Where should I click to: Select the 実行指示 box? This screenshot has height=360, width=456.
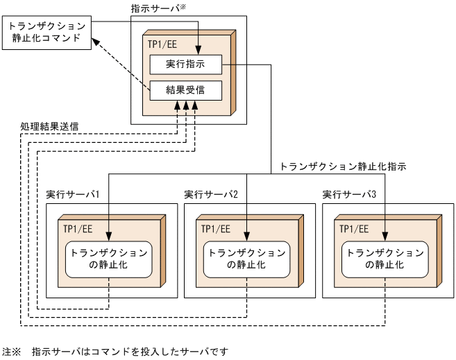[x=185, y=65]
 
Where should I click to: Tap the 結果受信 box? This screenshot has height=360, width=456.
[x=185, y=89]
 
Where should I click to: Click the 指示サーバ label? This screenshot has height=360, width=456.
[x=157, y=8]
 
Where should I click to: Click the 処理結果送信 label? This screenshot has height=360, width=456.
[x=49, y=127]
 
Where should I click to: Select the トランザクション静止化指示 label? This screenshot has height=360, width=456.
[x=342, y=167]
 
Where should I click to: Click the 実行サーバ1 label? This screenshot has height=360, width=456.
[x=74, y=194]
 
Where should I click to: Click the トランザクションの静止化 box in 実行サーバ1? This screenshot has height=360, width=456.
[x=108, y=259]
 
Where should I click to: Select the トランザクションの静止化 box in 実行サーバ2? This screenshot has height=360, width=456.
[x=246, y=259]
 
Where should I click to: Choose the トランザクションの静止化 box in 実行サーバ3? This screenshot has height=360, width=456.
[x=385, y=259]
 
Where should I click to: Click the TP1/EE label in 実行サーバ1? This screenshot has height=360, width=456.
[x=75, y=228]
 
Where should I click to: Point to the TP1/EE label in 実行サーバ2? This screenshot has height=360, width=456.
[x=213, y=228]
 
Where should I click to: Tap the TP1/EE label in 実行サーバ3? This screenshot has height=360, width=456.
[x=351, y=228]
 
